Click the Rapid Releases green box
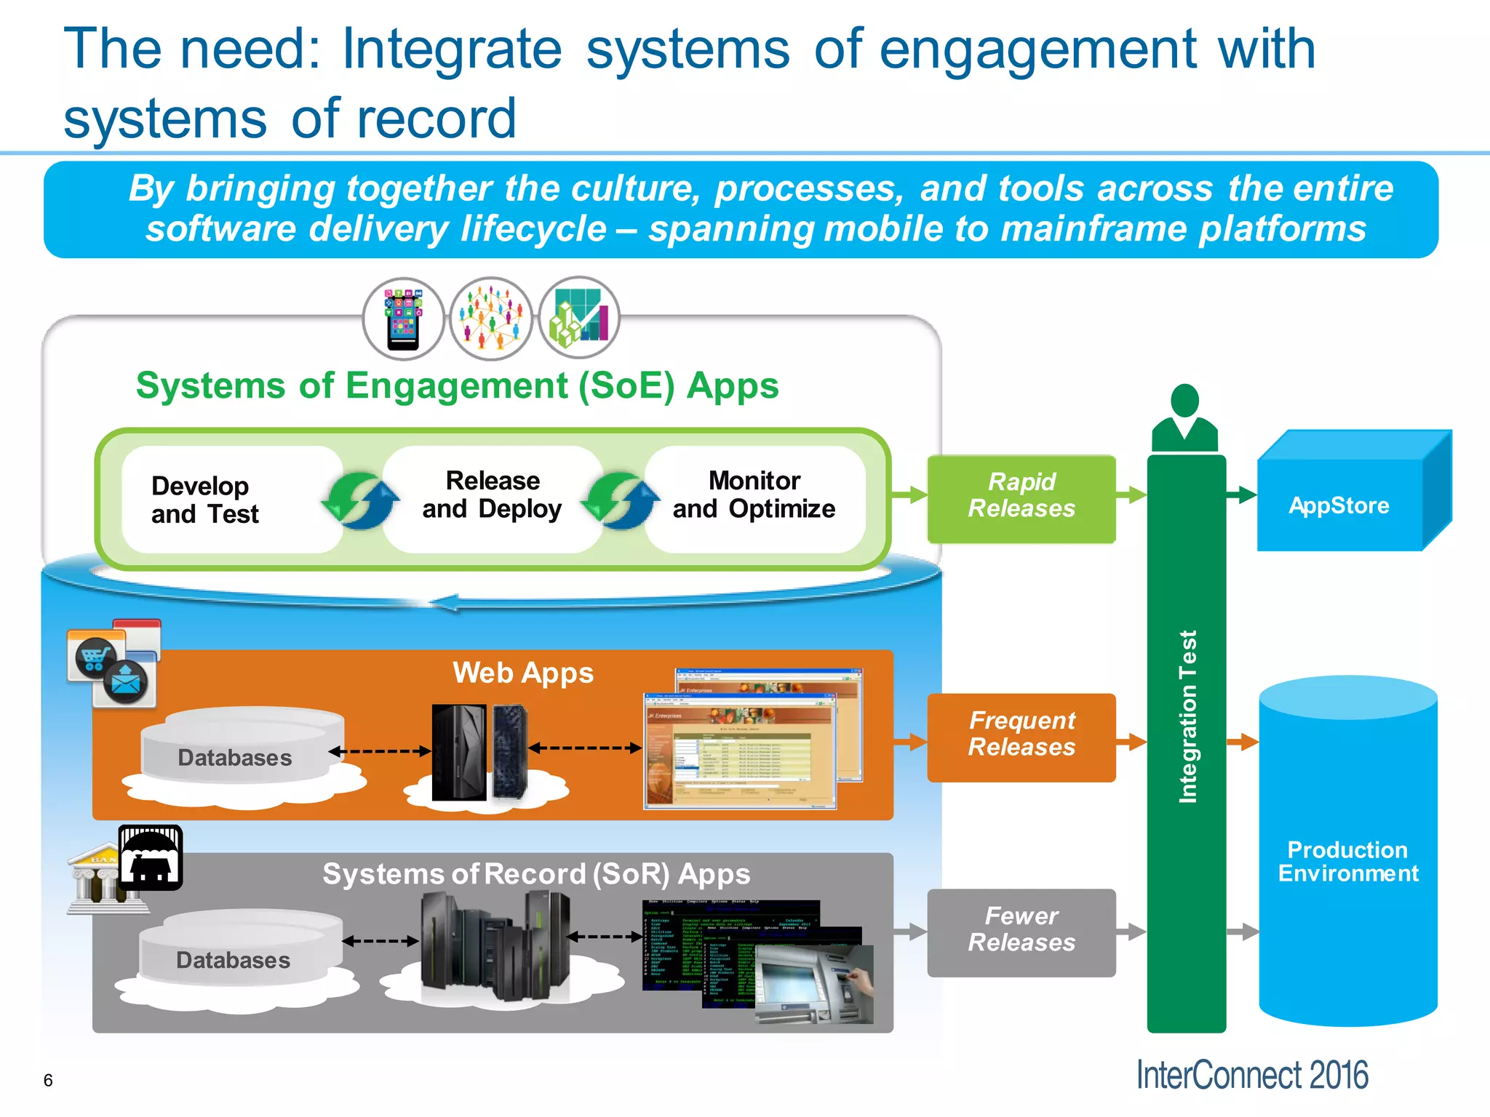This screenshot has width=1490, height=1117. (x=1021, y=499)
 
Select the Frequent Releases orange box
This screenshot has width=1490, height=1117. (x=1021, y=737)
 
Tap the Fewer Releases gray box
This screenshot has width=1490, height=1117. (x=1021, y=932)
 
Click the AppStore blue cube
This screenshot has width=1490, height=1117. (x=1339, y=505)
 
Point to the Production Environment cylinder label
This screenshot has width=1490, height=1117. (x=1347, y=861)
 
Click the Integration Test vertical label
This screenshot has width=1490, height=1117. (x=1187, y=716)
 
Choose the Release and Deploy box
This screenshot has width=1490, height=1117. (x=492, y=496)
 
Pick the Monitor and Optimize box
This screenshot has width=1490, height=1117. (x=754, y=496)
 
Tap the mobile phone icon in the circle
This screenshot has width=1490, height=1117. (x=404, y=319)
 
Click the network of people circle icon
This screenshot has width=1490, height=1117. (x=491, y=319)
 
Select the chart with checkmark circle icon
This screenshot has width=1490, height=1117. (x=579, y=317)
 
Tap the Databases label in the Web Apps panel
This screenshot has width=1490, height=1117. (x=234, y=758)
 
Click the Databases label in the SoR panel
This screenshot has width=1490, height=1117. (x=233, y=960)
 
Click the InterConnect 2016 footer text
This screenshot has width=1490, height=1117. (x=1251, y=1075)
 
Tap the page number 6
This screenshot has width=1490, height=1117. (x=48, y=1080)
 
